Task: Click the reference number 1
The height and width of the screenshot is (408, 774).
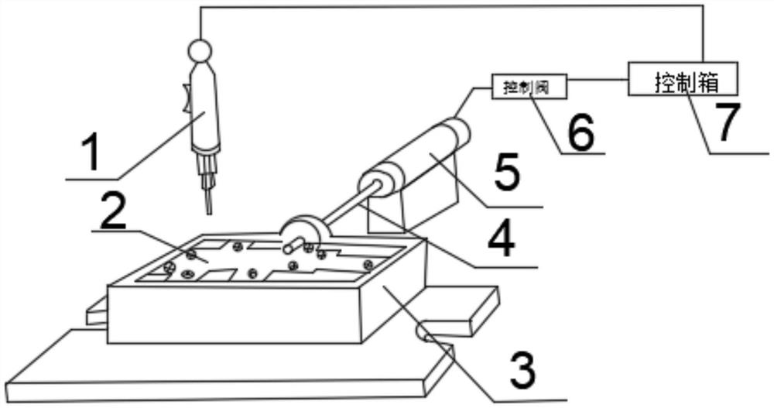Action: pyautogui.click(x=92, y=153)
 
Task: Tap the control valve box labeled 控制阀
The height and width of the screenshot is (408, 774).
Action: pyautogui.click(x=529, y=87)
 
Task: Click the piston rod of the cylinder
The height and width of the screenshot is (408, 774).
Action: pyautogui.click(x=344, y=205)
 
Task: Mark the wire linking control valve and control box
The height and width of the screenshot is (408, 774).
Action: pyautogui.click(x=598, y=80)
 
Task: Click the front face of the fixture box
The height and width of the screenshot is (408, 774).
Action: pyautogui.click(x=232, y=314)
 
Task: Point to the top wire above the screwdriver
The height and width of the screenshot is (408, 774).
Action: pyautogui.click(x=449, y=7)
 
